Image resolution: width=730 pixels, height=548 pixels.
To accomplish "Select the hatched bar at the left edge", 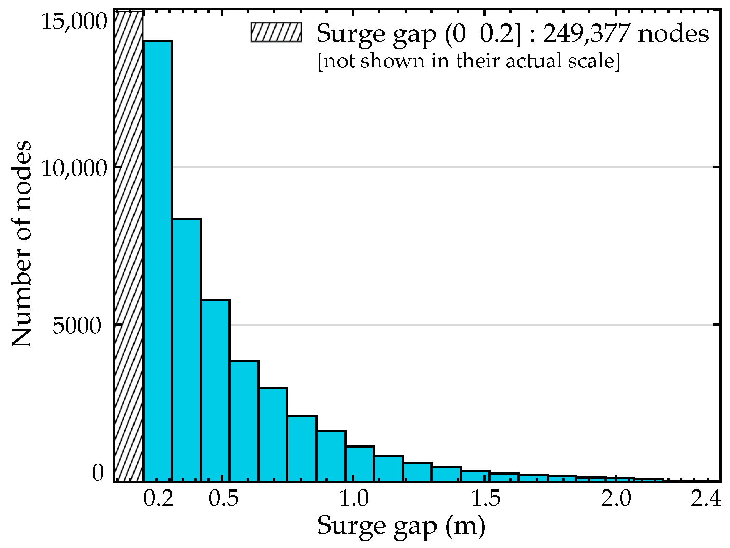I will (x=129, y=245).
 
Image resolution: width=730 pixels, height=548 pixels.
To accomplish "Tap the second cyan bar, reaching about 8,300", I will (x=186, y=350).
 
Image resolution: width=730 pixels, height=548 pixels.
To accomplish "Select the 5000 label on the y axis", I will (x=77, y=326).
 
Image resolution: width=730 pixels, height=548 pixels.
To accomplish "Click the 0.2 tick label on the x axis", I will (x=158, y=499).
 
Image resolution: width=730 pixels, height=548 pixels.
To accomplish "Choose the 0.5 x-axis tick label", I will (x=224, y=499).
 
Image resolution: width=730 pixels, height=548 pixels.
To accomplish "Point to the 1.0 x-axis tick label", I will (x=354, y=499).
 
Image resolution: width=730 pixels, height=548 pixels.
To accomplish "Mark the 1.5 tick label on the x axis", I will (x=486, y=499).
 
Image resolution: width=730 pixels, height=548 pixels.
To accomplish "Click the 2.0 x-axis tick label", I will (x=616, y=499).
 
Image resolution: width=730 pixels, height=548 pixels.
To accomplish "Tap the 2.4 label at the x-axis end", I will (x=706, y=499).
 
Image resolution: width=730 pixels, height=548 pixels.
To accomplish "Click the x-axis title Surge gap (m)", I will (x=401, y=526).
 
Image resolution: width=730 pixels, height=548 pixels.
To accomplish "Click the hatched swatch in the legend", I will (x=276, y=32).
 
